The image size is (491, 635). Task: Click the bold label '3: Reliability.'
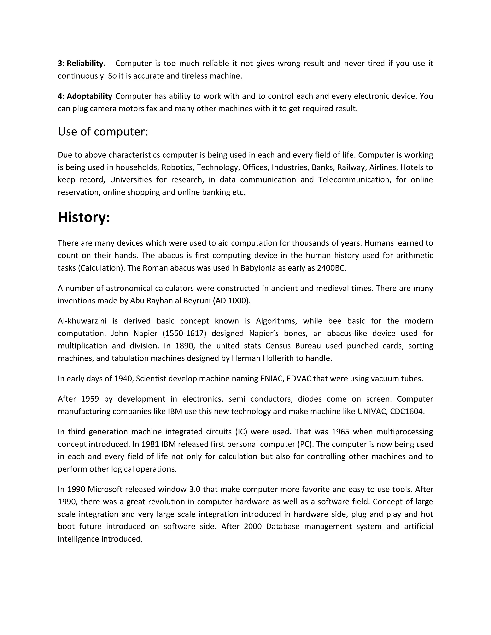[82, 63]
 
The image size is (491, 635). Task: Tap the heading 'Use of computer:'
[103, 132]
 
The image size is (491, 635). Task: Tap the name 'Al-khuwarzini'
[82, 321]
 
